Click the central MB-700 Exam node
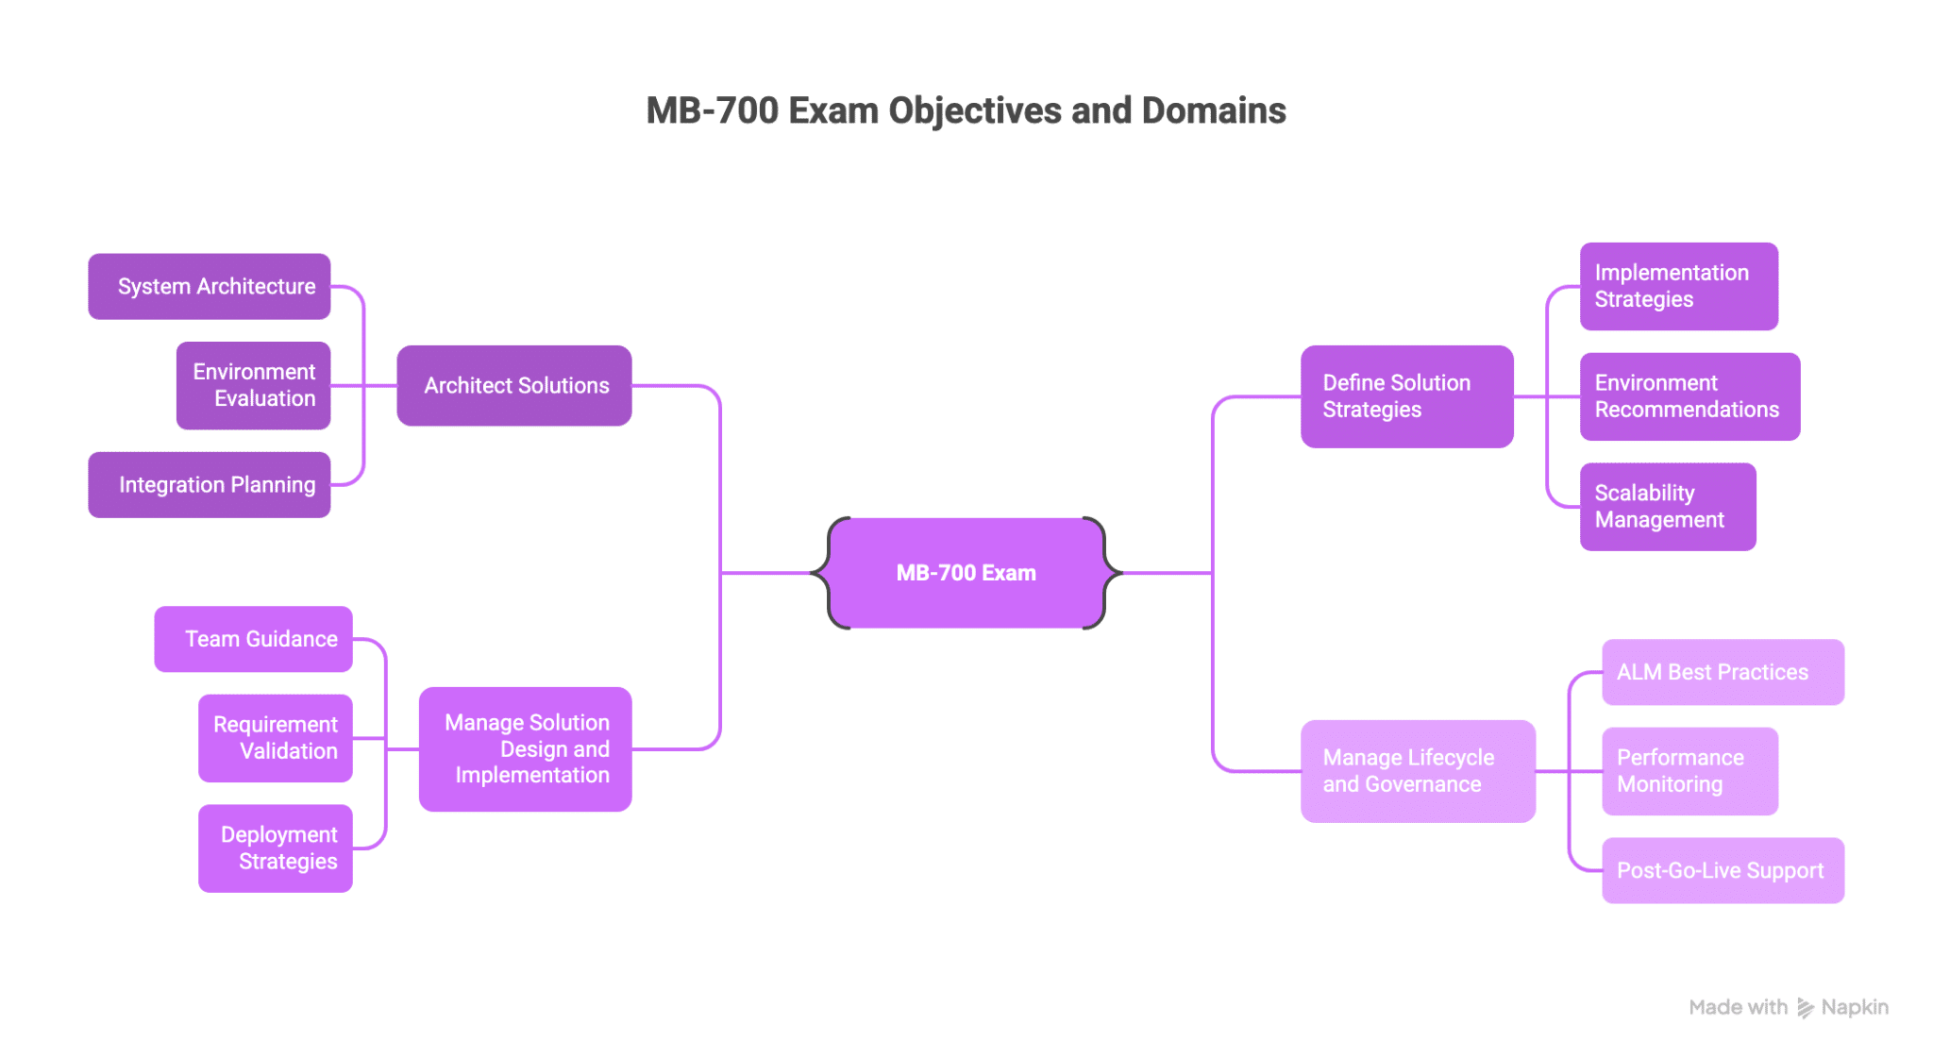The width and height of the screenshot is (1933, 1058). [966, 573]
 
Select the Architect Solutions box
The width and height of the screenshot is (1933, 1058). [514, 385]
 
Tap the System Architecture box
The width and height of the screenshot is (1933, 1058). [210, 286]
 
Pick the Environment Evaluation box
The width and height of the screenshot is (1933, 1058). [253, 385]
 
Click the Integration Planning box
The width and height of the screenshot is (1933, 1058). [210, 485]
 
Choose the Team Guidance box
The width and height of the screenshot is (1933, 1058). [253, 639]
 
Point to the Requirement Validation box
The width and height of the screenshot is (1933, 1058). [275, 738]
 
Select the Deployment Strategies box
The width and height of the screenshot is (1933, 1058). [275, 848]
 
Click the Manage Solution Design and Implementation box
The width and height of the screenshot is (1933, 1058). [525, 748]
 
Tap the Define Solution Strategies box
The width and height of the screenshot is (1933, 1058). [1406, 396]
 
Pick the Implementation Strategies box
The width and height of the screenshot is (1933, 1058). [1678, 286]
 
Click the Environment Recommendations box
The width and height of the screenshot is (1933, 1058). [1689, 396]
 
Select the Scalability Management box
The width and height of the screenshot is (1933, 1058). [1668, 507]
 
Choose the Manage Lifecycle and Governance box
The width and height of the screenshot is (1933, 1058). [1418, 771]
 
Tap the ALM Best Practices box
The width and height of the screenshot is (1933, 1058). [1723, 672]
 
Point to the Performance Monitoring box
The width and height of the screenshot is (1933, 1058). [1689, 771]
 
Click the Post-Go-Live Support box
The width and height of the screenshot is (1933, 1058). [1723, 870]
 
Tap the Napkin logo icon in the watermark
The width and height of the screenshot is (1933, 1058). [1805, 1008]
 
